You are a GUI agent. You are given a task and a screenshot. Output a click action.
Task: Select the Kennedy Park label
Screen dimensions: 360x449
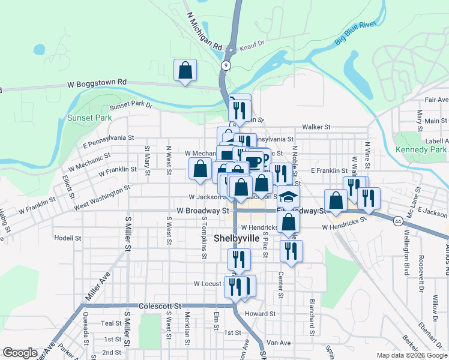pos(421,149)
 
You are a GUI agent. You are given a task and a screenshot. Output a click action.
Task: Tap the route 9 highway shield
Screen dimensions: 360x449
pos(225,65)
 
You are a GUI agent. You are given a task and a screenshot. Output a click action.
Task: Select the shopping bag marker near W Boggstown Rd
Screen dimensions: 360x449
pos(185,70)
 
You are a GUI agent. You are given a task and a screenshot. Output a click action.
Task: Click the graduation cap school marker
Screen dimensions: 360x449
pos(289,197)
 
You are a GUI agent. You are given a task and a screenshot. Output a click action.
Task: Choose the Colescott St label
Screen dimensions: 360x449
pos(160,306)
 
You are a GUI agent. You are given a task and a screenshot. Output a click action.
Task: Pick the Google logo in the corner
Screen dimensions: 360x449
pos(20,353)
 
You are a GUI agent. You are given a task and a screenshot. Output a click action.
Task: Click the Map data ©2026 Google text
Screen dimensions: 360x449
pos(411,355)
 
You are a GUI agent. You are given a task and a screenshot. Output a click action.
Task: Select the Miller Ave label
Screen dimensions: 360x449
pos(98,286)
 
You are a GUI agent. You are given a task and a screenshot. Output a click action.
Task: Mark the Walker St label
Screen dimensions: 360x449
pos(316,127)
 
